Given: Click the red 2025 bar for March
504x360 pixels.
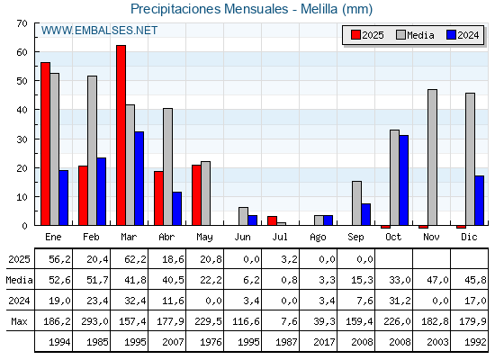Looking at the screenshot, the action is [121, 135].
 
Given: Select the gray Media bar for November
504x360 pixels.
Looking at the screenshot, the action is [432, 157].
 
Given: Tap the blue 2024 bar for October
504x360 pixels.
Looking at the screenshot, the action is [404, 180].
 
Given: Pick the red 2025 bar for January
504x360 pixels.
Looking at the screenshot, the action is [46, 144].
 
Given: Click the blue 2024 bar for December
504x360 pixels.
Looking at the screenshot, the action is [479, 200].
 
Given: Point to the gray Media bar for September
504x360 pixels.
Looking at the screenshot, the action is [356, 203].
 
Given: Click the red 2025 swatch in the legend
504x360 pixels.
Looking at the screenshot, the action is [355, 35].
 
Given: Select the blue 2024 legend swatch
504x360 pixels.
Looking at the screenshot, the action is [451, 35].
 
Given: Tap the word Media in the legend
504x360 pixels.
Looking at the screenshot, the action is [420, 35].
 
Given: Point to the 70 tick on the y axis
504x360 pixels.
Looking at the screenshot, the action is [22, 23].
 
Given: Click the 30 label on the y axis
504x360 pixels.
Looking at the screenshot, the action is [22, 139].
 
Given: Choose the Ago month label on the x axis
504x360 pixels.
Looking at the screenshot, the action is [318, 238].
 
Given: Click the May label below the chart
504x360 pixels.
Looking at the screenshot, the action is [204, 238].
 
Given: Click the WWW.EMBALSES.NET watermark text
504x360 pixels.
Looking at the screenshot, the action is [99, 31].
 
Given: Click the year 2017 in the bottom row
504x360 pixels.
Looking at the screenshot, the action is [324, 342].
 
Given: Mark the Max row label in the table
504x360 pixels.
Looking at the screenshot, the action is [19, 321].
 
